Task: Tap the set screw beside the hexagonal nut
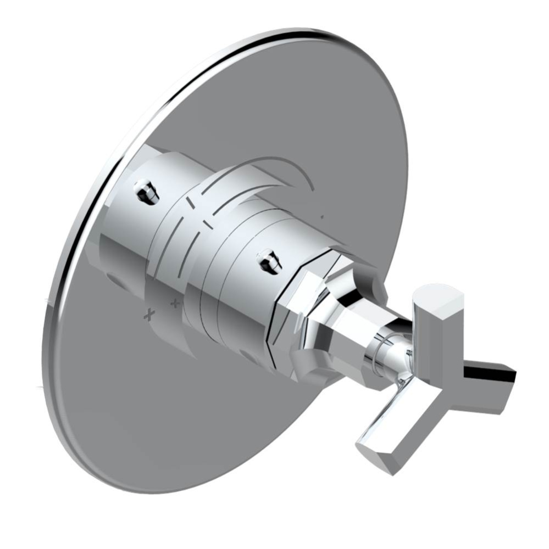click(x=269, y=260)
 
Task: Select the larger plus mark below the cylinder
click(x=148, y=315)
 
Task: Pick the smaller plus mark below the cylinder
click(x=175, y=302)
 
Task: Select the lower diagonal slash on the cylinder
click(x=207, y=223)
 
